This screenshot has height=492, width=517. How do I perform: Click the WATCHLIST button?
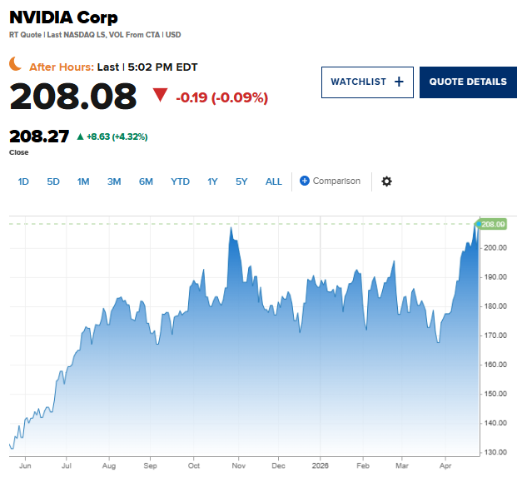(367, 82)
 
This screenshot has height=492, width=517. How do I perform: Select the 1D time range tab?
(23, 181)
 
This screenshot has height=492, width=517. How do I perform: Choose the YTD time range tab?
(180, 181)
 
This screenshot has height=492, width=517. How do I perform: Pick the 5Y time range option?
(241, 181)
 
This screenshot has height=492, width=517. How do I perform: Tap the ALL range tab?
(274, 181)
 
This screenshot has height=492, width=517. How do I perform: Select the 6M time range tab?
(146, 181)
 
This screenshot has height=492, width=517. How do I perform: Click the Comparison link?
(331, 181)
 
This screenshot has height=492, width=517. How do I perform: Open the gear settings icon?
(386, 181)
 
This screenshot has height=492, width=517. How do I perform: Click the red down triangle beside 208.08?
(160, 96)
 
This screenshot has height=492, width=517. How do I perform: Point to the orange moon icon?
(16, 65)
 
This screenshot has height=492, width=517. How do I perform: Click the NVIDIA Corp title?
(63, 17)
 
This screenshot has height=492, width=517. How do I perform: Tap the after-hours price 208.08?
(73, 97)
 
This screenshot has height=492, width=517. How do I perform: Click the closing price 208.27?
(38, 137)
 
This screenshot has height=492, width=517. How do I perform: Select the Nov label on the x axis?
(237, 467)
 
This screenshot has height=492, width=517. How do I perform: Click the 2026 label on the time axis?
(321, 467)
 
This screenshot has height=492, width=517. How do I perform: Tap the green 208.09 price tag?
(493, 224)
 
